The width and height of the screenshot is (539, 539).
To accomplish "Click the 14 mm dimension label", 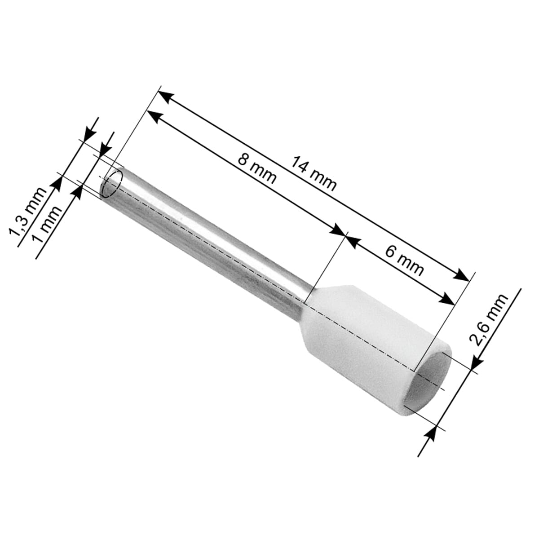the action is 314,173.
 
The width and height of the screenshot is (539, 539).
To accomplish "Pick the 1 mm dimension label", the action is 46,224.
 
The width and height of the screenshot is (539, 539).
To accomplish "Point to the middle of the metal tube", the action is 207,238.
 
